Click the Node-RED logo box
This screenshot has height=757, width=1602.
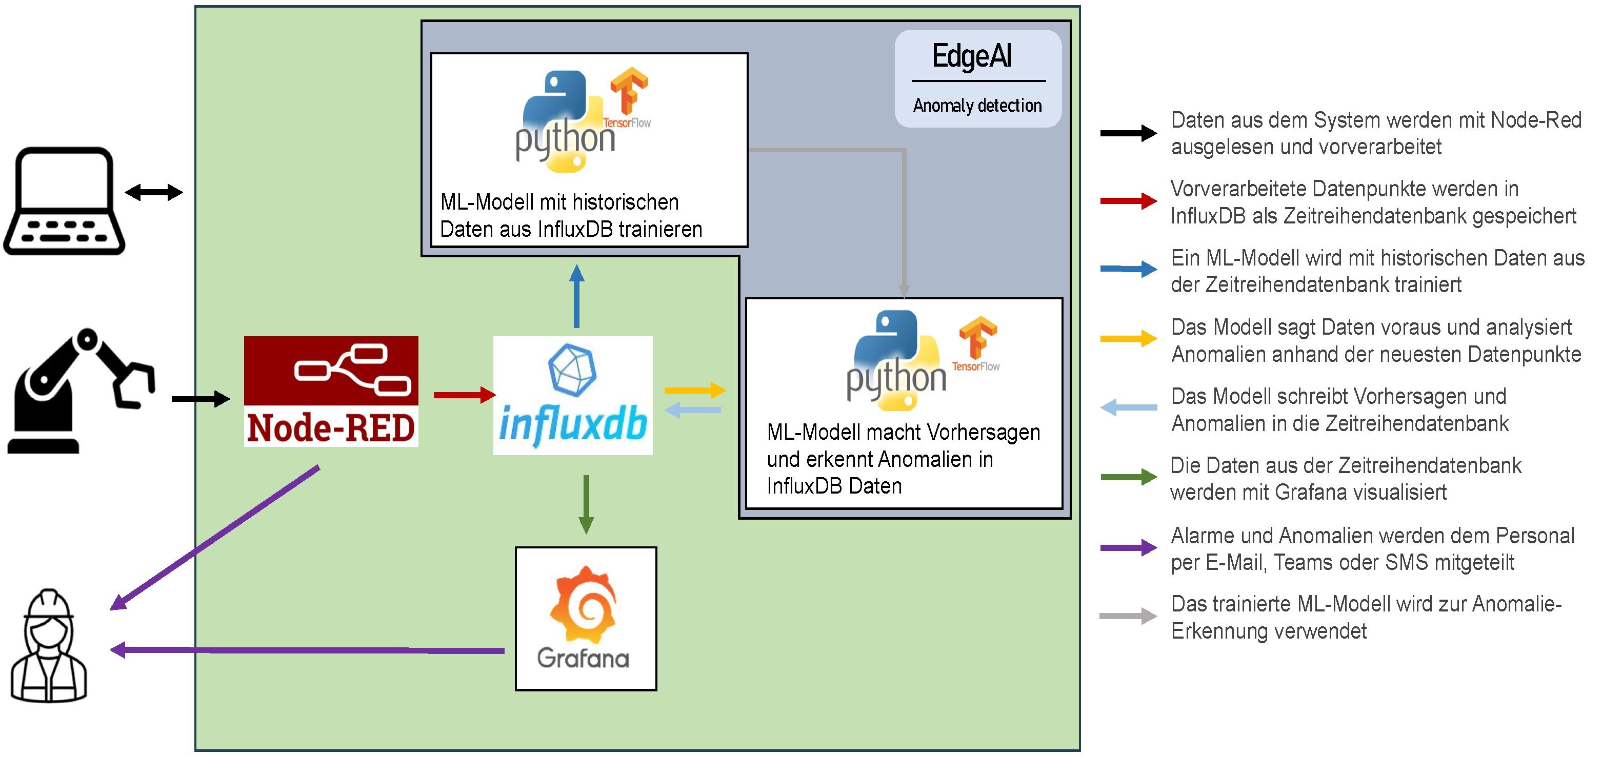point(331,391)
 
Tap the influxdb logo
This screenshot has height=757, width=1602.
point(573,395)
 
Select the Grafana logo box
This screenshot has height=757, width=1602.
point(586,619)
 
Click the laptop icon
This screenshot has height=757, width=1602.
point(64,201)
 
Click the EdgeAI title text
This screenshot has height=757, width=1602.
point(971,56)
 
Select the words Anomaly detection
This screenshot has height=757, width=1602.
point(977,106)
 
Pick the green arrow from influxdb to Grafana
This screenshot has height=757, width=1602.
point(586,504)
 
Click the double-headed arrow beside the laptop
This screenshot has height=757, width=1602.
point(154,192)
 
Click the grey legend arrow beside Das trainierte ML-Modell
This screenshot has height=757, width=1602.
point(1128,617)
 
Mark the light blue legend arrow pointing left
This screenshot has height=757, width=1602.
point(1128,407)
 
